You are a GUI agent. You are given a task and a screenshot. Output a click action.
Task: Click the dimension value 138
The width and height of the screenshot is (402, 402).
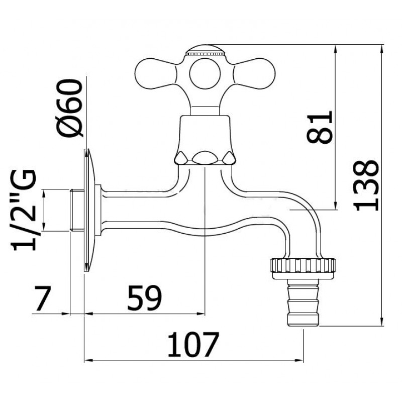366,185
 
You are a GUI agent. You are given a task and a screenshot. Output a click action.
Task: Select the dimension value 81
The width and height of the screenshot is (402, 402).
320,127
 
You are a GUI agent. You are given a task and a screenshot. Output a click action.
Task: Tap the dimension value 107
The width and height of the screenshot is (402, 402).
193,344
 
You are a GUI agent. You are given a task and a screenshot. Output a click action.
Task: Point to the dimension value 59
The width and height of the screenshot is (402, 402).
145,297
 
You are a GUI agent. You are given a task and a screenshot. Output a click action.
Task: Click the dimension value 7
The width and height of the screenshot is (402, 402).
43,298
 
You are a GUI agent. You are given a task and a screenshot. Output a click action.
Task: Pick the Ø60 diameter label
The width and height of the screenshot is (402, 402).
70,108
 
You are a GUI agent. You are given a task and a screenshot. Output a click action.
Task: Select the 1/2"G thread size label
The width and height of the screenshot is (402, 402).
23,210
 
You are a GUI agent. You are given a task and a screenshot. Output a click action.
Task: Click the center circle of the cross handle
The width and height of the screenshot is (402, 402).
205,73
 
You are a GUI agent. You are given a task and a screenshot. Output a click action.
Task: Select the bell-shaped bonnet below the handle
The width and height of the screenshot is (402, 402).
205,140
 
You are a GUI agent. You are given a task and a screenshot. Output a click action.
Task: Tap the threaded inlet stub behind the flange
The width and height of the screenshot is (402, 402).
77,210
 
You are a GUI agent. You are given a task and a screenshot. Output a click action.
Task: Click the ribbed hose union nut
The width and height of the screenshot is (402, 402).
303,269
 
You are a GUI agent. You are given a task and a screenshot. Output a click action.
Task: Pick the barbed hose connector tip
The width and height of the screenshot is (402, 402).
303,303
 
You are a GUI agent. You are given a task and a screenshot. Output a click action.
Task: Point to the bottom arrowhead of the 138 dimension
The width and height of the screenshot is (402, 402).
382,322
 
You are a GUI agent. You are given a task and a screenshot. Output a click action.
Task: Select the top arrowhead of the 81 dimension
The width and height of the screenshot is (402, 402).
336,49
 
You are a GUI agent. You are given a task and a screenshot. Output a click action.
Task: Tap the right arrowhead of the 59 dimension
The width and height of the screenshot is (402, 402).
200,313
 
